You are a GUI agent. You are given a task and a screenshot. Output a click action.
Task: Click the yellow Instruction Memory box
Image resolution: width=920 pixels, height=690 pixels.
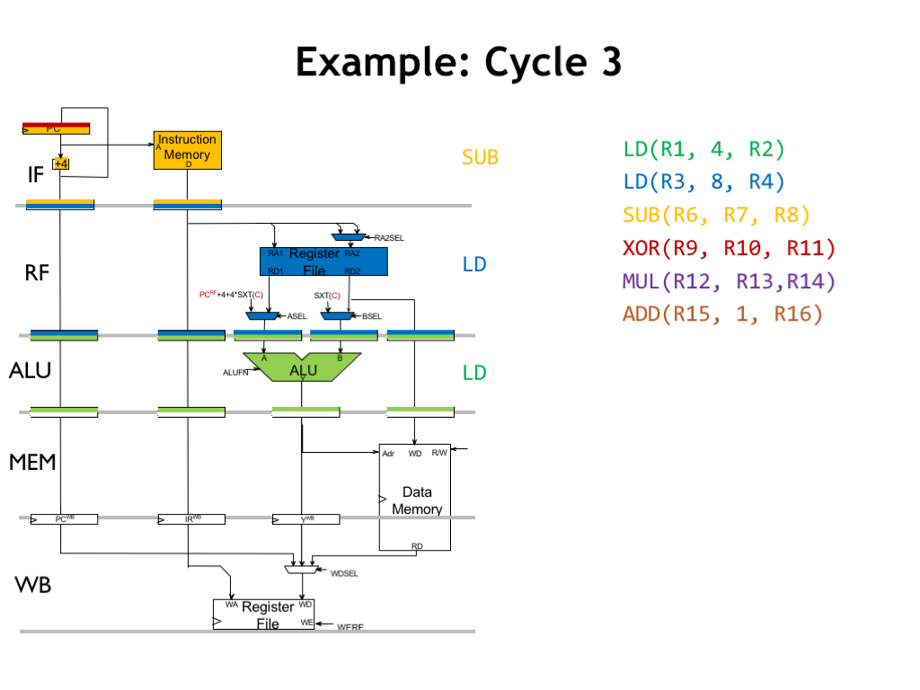coord(187,150)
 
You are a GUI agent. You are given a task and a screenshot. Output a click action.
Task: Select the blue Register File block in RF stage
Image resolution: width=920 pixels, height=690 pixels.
coord(323,261)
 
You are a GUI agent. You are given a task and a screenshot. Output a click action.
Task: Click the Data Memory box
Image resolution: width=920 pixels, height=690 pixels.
coord(415,497)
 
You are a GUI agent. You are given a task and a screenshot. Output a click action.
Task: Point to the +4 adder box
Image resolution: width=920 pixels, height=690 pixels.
coord(61,164)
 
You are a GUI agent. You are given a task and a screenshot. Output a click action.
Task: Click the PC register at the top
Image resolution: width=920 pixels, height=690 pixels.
coord(56,128)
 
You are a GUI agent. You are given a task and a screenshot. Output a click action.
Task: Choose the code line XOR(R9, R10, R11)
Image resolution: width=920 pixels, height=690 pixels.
coord(729,248)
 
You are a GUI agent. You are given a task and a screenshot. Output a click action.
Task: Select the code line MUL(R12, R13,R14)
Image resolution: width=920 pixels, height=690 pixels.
coord(729,281)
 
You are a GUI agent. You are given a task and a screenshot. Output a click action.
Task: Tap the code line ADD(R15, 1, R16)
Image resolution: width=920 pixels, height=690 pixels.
coord(722,314)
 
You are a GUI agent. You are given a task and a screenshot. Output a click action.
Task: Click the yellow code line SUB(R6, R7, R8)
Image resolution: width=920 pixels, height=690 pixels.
coord(716,215)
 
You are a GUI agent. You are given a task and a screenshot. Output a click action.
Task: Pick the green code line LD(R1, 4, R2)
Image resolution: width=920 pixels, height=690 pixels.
coord(703,149)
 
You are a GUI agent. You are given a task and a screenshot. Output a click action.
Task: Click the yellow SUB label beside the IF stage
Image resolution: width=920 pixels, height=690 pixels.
coord(480,158)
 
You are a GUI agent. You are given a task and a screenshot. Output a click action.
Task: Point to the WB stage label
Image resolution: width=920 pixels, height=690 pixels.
coord(32,586)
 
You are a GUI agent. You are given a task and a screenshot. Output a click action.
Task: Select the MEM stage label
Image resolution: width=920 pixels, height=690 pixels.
coord(32,463)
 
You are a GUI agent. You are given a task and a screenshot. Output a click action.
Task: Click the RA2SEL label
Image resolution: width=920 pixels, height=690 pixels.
coord(389,238)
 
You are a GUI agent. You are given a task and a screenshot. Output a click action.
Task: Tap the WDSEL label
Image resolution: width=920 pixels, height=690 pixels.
coord(345,572)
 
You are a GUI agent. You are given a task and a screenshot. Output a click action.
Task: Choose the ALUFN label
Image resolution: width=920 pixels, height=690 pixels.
coord(236,371)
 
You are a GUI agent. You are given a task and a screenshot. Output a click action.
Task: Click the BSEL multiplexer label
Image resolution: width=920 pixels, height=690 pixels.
coord(372,316)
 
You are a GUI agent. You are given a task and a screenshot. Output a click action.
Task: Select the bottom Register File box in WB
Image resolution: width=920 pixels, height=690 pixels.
coord(264,615)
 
